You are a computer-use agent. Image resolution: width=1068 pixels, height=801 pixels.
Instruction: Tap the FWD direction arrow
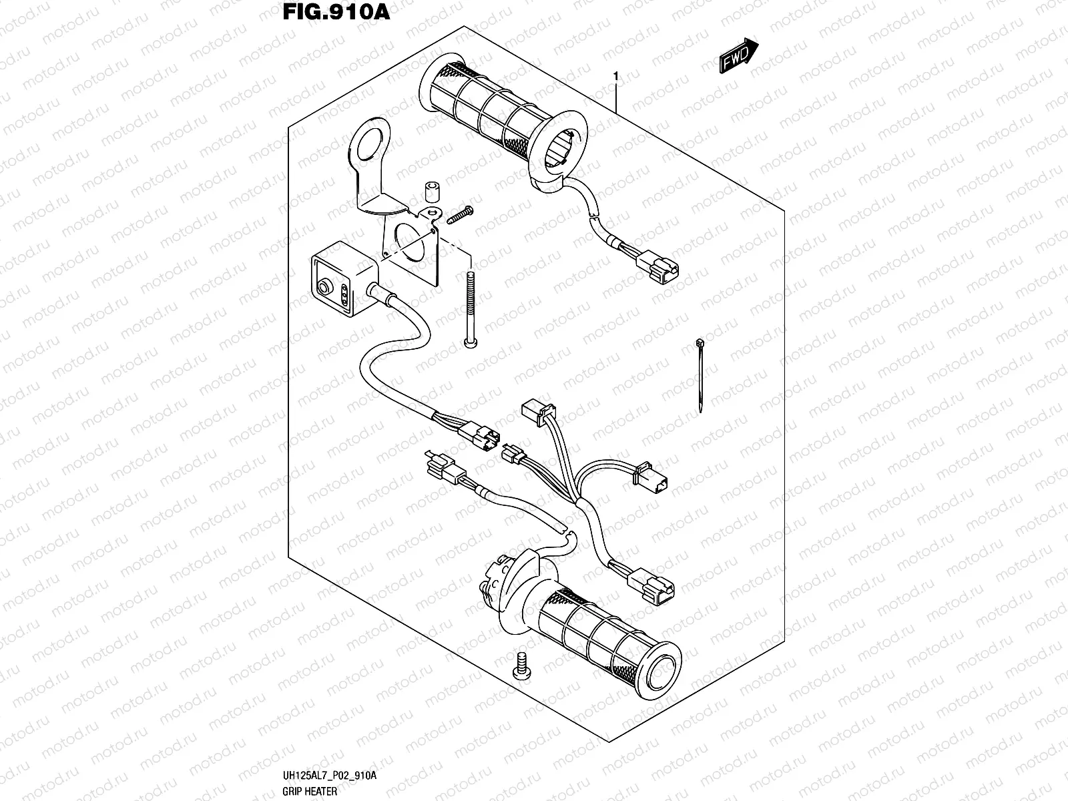[739, 55]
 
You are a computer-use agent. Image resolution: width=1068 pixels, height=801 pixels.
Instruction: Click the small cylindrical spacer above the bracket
[432, 191]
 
